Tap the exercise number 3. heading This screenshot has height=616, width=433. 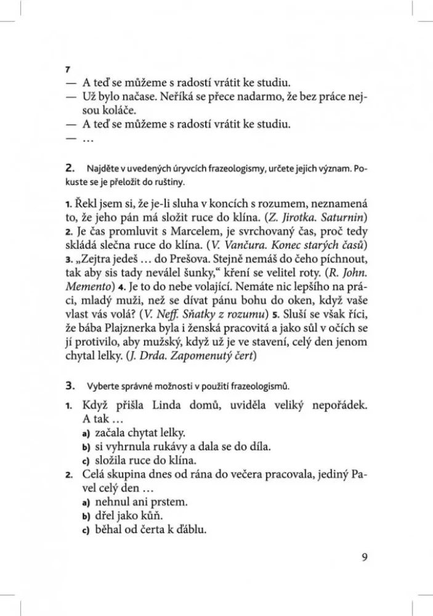tap(69, 386)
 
